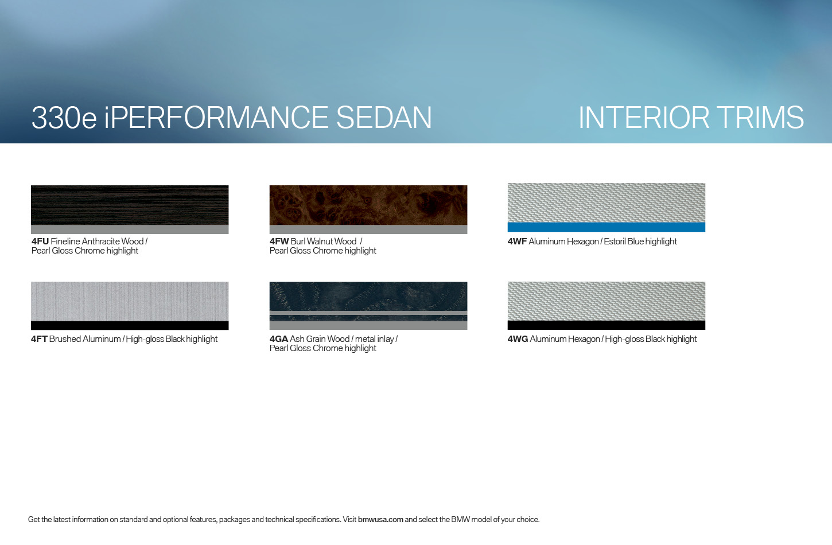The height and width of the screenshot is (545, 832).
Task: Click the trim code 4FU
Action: tap(40, 242)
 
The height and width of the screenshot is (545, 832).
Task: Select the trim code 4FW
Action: tap(279, 242)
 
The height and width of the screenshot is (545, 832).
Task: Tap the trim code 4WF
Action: tap(517, 242)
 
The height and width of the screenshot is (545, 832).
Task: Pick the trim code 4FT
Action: tap(40, 339)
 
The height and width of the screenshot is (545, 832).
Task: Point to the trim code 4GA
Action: tap(279, 339)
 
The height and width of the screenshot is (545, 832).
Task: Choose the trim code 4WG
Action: tap(518, 339)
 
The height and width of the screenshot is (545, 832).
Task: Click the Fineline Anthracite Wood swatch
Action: tap(130, 205)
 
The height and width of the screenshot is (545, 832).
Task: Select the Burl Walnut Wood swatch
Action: tap(368, 205)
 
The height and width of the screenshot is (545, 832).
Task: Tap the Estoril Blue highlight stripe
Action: tap(606, 227)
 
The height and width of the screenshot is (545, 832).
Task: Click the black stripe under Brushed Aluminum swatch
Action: tap(130, 325)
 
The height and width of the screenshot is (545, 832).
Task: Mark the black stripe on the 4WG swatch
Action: tap(606, 325)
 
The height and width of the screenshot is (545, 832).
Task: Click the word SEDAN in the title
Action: tap(384, 118)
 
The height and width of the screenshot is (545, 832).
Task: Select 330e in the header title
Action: tap(64, 118)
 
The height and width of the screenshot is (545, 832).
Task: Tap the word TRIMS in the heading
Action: tap(760, 118)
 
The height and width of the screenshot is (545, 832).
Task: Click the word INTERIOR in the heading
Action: tap(644, 118)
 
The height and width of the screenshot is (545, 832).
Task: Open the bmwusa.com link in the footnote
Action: tap(380, 519)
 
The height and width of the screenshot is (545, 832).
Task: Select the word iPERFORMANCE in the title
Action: tap(216, 118)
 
